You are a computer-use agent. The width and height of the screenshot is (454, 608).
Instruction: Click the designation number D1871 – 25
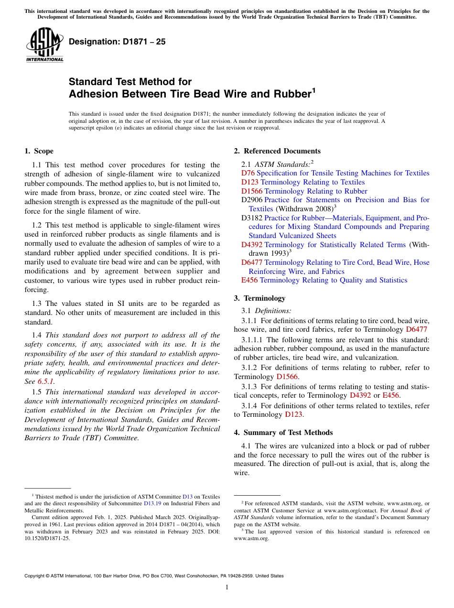[117, 42]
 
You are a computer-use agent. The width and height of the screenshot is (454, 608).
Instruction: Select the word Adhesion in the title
[94, 94]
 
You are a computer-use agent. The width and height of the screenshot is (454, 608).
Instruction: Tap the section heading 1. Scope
[39, 151]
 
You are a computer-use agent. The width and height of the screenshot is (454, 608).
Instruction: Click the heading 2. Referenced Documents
[277, 151]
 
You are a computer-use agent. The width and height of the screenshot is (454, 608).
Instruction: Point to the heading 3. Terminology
[259, 298]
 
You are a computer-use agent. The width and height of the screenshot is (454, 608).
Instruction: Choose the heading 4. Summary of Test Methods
[283, 432]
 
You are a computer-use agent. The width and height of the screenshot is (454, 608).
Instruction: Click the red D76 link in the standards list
[248, 173]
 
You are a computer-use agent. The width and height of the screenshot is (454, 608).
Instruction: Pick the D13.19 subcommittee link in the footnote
[152, 503]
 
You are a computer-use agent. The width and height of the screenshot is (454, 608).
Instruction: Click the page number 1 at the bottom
[227, 587]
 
